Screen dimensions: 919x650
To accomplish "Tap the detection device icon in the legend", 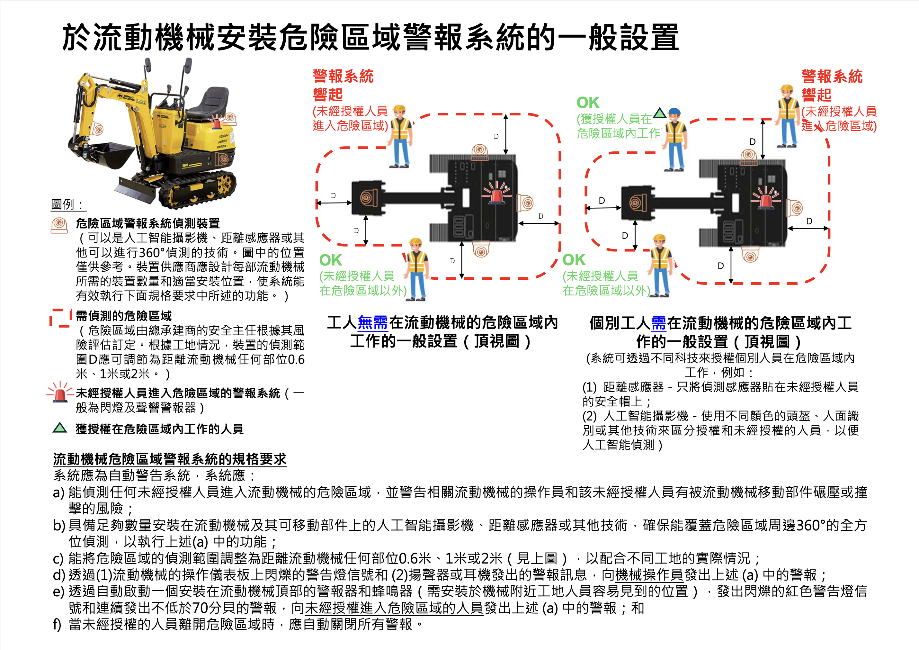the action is (x=59, y=225).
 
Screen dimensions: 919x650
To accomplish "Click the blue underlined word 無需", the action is (x=373, y=322).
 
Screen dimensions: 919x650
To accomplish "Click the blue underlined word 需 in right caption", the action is (x=659, y=323).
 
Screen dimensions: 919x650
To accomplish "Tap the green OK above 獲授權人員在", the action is (x=588, y=103).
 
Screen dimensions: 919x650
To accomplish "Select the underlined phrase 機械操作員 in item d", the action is (x=649, y=575).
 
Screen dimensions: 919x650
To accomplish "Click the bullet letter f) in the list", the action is (x=57, y=624).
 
